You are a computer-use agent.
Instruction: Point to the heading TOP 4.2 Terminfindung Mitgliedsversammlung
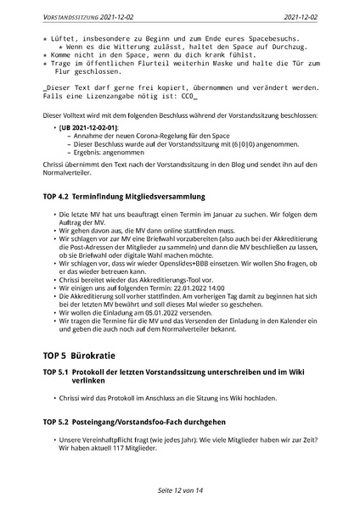[x=121, y=198]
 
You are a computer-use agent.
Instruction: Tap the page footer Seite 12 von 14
[x=179, y=490]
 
